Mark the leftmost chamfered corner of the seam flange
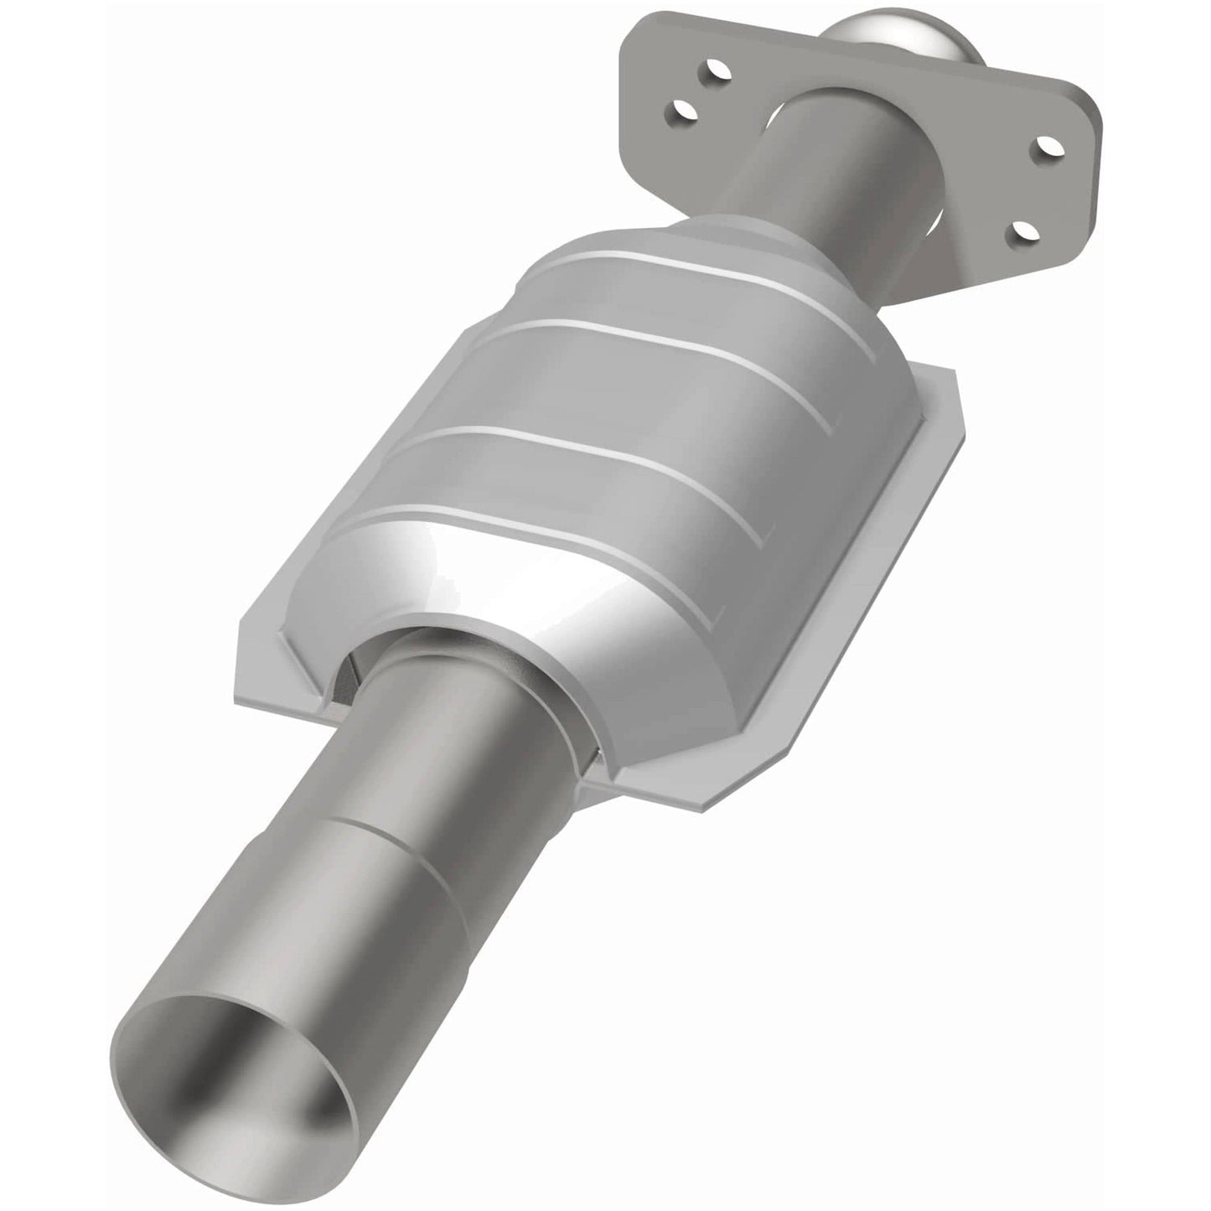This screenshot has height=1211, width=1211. point(239,637)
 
